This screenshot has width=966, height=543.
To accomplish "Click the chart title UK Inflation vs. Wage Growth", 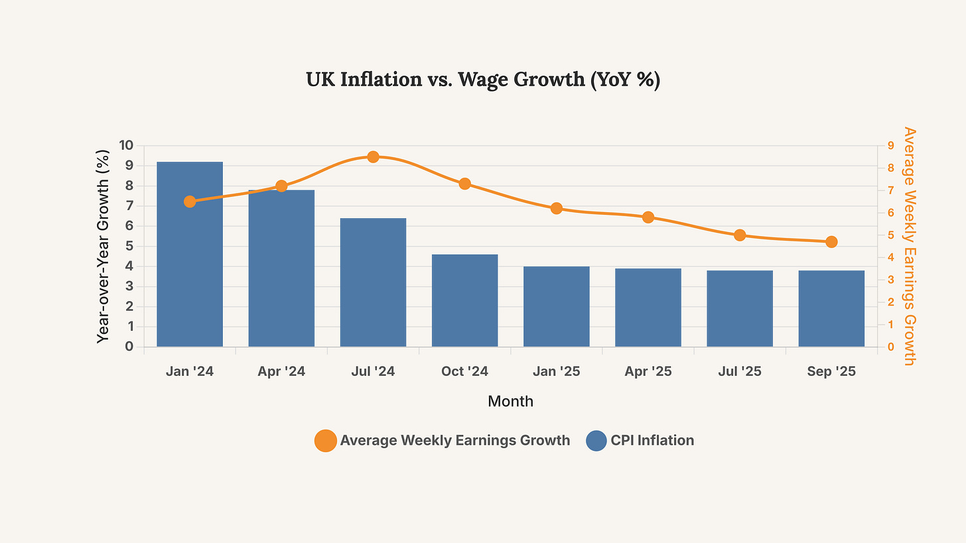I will (482, 80).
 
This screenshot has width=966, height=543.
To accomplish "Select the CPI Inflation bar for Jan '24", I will (190, 254).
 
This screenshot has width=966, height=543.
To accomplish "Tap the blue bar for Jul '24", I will (373, 282).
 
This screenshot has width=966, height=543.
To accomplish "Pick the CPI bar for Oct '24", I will (464, 300).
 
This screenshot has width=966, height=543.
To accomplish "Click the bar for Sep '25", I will (831, 308).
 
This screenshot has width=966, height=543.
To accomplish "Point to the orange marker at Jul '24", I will (373, 157).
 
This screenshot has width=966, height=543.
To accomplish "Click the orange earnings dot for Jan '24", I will (190, 202).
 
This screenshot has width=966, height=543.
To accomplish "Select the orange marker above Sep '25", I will (831, 242).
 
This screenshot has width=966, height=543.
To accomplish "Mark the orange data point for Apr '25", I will (648, 217).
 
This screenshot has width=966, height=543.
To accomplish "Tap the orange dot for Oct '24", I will (464, 184).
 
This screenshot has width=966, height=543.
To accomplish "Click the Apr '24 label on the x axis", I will (281, 372).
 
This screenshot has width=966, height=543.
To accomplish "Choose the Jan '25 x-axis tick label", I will (556, 372).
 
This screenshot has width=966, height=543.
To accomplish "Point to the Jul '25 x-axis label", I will (740, 372).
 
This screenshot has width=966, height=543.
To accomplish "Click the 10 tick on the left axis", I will (126, 145).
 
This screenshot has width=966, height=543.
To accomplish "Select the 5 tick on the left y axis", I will (129, 246).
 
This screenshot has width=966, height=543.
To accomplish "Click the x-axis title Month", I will (510, 401).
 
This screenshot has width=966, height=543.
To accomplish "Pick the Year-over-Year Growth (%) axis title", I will (103, 246).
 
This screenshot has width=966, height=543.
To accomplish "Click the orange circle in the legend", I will (325, 440).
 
